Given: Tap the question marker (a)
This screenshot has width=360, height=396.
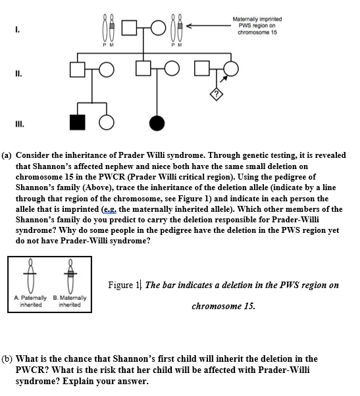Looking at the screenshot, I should [x=8, y=155].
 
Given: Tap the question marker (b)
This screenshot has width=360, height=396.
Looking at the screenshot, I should [x=9, y=359].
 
